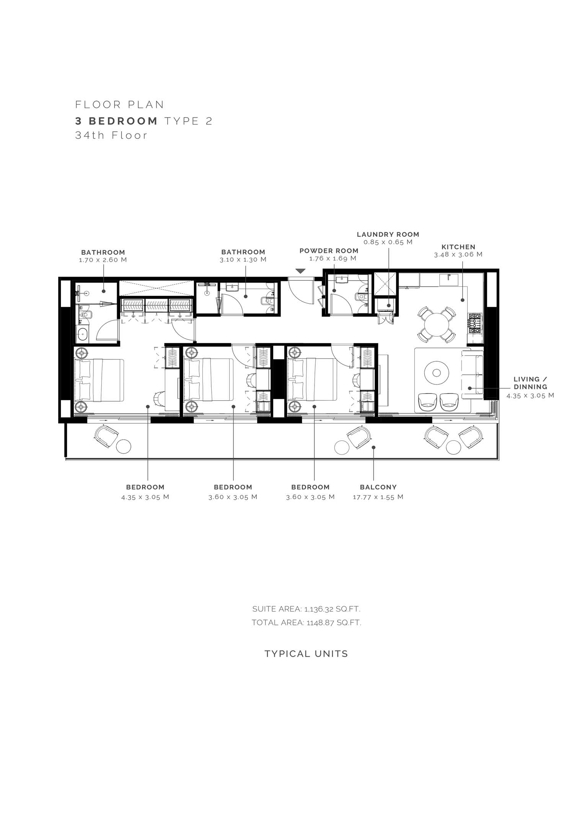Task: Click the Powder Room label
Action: pos(329,251)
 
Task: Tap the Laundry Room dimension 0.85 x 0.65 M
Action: pos(388,242)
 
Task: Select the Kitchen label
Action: pos(458,247)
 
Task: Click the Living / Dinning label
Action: pos(530,383)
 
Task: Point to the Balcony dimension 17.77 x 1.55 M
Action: pos(378,497)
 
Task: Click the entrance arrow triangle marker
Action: pos(301,271)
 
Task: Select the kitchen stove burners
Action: pos(475,323)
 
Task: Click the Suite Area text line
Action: pos(306,609)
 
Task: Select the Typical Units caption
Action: pos(306,654)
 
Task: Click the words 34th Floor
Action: pos(111,135)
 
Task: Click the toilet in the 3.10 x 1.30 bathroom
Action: pos(266,301)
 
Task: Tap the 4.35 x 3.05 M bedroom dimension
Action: pos(145,497)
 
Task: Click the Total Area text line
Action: pos(306,623)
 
